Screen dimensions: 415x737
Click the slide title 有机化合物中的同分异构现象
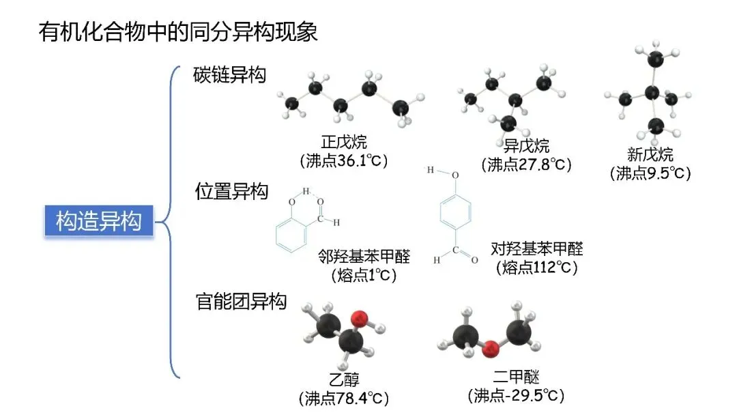pos(178,33)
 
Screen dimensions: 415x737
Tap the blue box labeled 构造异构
pos(99,221)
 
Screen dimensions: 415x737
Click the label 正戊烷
pos(344,143)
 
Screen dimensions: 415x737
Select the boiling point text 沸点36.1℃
pos(344,161)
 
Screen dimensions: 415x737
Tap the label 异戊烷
pos(526,146)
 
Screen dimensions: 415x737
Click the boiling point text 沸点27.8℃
pos(526,164)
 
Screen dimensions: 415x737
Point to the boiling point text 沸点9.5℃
pos(650,173)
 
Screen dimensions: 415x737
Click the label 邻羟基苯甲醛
pos(364,257)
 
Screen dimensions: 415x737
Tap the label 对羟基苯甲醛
pos(537,248)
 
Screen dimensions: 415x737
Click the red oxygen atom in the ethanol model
pos(360,318)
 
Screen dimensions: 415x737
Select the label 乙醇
pos(343,380)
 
